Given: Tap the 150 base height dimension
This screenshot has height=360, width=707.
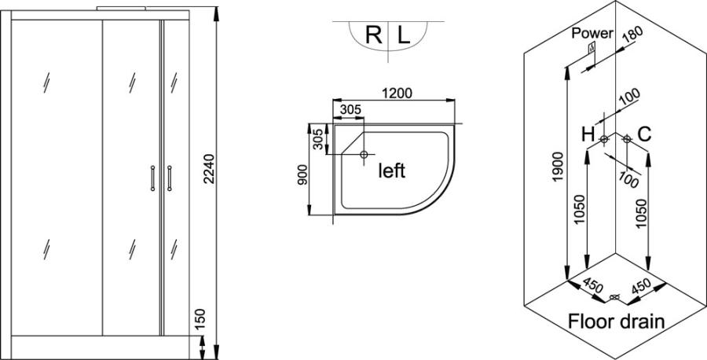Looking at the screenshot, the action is (200, 319).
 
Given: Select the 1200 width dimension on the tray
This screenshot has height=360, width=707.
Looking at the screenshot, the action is (397, 94).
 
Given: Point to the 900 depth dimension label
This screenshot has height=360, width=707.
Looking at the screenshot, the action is (302, 174).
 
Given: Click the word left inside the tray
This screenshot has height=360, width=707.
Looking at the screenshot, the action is (391, 171).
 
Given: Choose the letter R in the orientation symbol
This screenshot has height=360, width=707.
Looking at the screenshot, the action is (374, 35).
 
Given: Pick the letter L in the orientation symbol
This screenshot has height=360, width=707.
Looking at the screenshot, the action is (404, 35).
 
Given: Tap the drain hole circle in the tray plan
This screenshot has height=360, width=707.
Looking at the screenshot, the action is (364, 154).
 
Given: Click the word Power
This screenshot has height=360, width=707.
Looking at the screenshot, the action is (592, 33).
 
